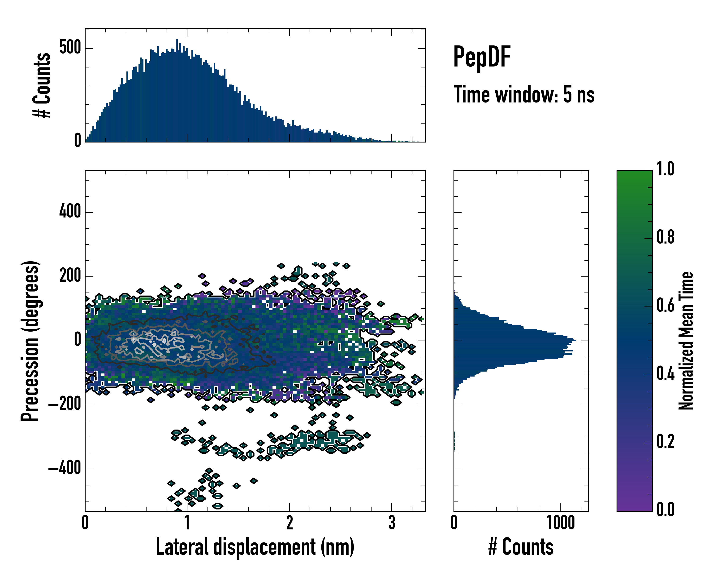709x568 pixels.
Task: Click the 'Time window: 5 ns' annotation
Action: [x=524, y=94]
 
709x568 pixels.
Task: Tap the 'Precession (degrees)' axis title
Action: [x=30, y=341]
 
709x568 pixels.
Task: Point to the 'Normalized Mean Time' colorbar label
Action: [x=686, y=341]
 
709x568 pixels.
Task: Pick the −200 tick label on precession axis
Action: [x=65, y=404]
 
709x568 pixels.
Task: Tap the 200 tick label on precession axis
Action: [x=70, y=276]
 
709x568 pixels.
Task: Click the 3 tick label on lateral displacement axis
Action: [x=391, y=523]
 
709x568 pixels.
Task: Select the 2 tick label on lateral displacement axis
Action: [x=289, y=523]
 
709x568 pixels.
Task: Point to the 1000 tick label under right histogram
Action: [x=560, y=523]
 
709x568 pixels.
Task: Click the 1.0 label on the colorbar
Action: [x=665, y=169]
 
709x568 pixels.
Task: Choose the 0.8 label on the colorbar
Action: [x=665, y=237]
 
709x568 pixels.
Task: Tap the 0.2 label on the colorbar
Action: [x=665, y=441]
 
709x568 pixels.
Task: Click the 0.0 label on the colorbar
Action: [x=665, y=509]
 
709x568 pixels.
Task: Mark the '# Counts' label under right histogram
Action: [x=521, y=547]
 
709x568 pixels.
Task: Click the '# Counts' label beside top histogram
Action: [x=42, y=85]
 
